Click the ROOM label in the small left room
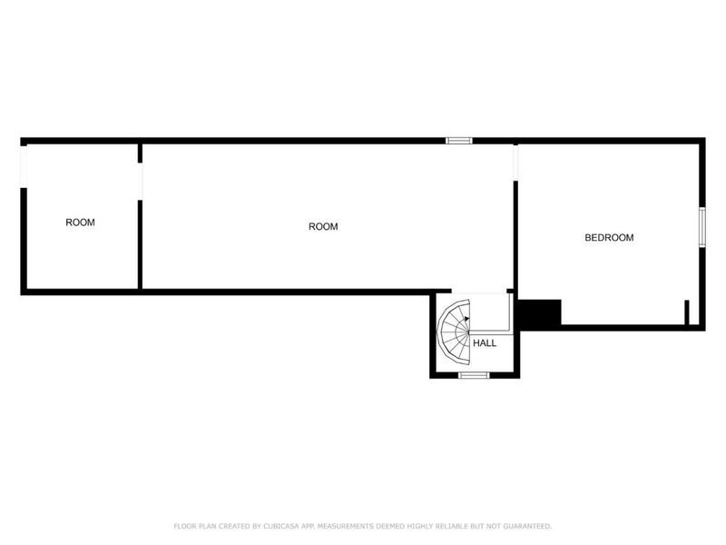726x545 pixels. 80,223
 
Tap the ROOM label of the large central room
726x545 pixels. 323,226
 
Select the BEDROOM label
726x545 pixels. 609,238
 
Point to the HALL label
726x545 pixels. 485,343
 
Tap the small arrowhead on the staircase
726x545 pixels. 466,319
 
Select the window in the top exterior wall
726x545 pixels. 459,141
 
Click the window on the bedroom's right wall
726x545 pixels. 702,227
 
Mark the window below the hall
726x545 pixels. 474,375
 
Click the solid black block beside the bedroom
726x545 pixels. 539,313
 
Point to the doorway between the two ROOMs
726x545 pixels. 141,182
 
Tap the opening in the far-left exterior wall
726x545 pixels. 24,167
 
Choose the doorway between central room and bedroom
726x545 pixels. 515,163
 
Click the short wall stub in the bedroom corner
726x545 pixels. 687,312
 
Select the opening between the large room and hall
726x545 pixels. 479,292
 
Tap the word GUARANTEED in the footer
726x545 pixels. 527,526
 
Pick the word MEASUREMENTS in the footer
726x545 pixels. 346,526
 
